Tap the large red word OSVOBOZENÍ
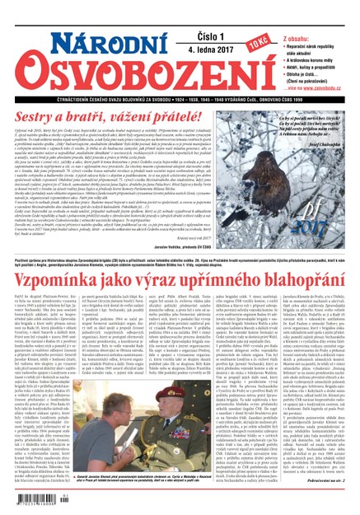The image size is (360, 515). coord(124,62)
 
